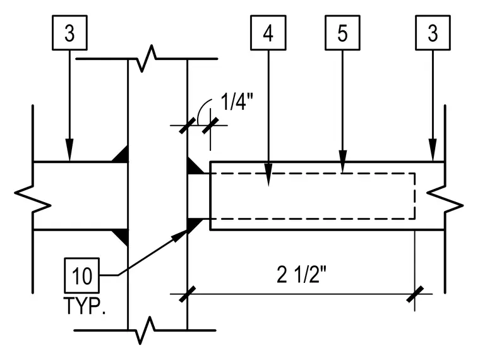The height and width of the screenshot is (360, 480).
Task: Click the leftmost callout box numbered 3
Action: tap(70, 32)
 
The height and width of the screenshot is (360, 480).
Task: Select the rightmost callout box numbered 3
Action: tap(433, 32)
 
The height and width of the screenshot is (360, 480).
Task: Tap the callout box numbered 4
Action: tap(268, 32)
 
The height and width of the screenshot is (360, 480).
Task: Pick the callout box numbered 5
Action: tap(342, 32)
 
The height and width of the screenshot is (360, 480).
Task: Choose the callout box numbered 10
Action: tap(81, 275)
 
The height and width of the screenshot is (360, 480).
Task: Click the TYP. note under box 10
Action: tap(85, 306)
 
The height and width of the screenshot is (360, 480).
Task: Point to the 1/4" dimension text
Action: tap(237, 102)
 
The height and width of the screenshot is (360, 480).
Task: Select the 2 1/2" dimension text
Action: tap(301, 274)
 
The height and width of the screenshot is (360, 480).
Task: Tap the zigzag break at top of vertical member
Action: tap(147, 59)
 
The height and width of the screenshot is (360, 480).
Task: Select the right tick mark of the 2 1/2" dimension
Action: tap(415, 294)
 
